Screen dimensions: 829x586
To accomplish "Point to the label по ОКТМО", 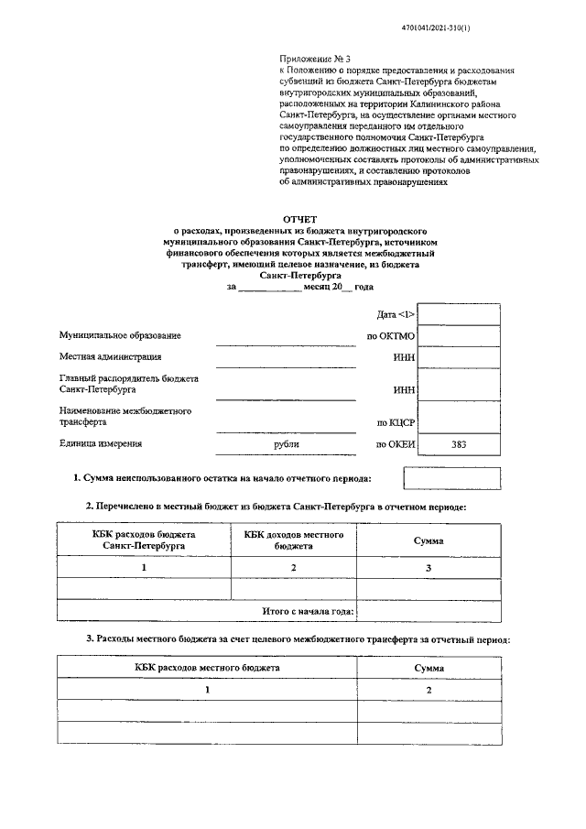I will tap(391, 336).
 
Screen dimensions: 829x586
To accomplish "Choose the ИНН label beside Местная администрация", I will tap(404, 358).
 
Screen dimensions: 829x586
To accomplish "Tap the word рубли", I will tap(286, 444).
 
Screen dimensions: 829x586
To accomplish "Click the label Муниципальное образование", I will tap(120, 336).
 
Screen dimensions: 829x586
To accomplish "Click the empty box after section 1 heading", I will tap(439, 478).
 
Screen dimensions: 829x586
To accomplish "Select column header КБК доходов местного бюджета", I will tap(294, 540).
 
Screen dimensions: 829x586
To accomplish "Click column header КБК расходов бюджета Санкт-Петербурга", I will tap(145, 540).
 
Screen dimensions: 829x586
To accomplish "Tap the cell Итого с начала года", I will tap(309, 611).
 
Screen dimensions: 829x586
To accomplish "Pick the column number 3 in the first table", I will tap(428, 569).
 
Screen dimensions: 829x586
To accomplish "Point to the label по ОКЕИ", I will tap(396, 444).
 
